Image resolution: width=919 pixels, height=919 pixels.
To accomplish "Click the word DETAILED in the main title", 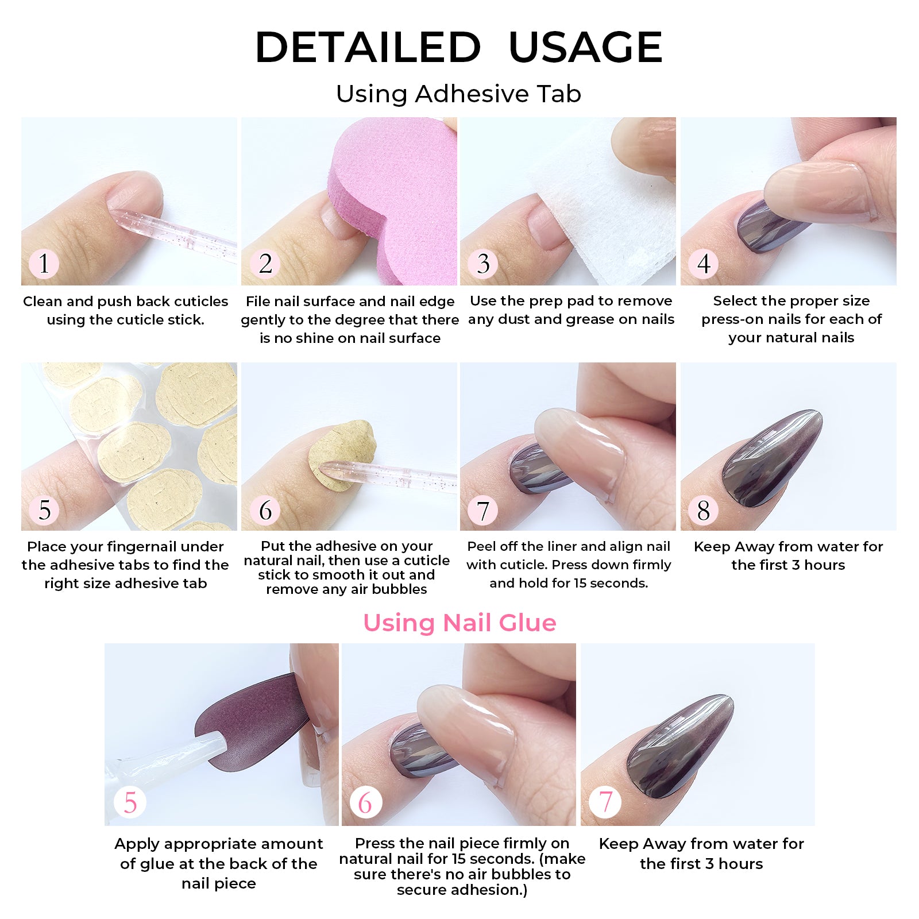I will [368, 47].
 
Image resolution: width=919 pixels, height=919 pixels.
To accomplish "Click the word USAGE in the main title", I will [585, 47].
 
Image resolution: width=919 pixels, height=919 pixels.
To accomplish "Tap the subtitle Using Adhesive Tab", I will [458, 94].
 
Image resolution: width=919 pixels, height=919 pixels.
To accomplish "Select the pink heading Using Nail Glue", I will [459, 623].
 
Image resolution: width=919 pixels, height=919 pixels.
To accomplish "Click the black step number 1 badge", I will [44, 264].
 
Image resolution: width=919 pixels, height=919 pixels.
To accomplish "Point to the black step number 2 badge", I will [265, 264].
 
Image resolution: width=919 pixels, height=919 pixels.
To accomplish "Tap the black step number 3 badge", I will [483, 264].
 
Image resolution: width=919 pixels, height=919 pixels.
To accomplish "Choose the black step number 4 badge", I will [704, 264].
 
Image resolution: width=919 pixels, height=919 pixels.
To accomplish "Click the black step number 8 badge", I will [704, 510].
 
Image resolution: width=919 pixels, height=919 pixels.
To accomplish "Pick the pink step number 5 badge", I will [130, 802].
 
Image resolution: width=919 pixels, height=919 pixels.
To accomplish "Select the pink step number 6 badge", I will [365, 802].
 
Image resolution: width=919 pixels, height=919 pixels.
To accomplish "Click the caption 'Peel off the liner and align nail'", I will [568, 547].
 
